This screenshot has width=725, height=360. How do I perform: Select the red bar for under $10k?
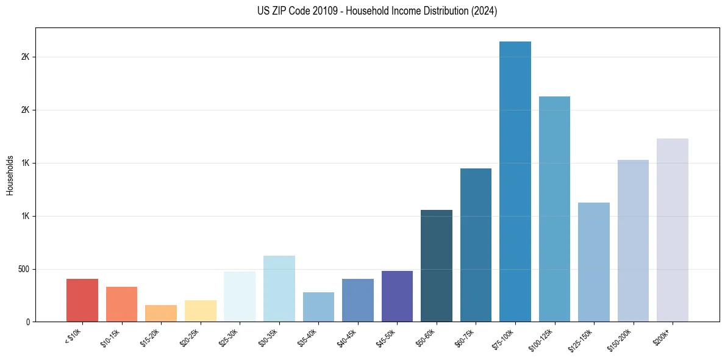[x=82, y=300]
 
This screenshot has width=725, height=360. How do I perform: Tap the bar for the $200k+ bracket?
[x=673, y=230]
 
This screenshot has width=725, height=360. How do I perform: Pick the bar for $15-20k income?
[x=161, y=313]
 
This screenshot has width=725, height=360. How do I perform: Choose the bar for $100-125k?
[x=554, y=209]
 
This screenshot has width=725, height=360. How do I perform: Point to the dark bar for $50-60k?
[x=437, y=265]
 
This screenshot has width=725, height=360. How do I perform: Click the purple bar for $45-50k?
[x=397, y=296]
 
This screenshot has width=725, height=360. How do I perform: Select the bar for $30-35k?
[x=279, y=289]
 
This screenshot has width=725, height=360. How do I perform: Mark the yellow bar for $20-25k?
[x=201, y=311]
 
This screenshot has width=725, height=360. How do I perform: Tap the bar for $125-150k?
[x=594, y=262]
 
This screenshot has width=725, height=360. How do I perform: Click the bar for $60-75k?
[x=476, y=245]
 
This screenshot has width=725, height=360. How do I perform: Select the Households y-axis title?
[x=10, y=175]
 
